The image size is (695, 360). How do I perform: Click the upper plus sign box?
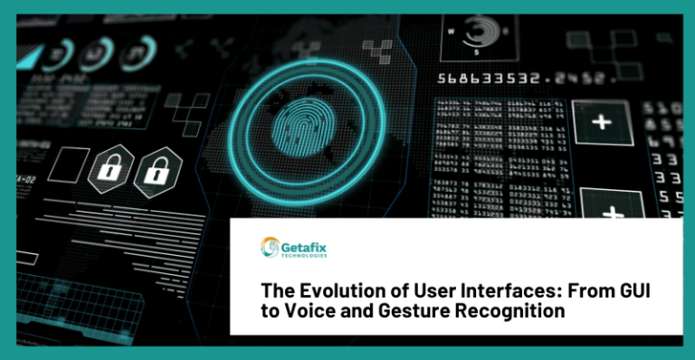tap(602, 121)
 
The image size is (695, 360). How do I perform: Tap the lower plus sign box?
tap(612, 209)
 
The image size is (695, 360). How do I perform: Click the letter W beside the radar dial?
tap(450, 29)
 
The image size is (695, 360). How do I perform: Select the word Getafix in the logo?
tap(305, 243)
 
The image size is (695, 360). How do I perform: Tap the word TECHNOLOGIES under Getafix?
tap(304, 256)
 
